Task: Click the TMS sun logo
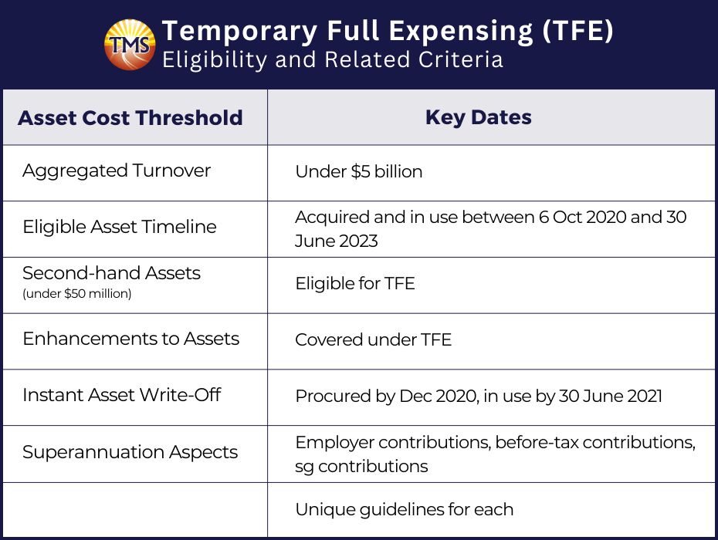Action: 130,45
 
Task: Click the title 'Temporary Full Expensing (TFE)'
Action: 388,31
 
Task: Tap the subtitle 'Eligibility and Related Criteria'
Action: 333,60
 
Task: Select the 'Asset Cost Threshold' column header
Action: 130,117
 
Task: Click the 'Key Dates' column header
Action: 479,117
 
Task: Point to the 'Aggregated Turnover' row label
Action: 117,170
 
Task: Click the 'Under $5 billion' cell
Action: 359,171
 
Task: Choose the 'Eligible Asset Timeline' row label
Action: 120,227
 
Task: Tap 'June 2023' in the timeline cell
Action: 337,241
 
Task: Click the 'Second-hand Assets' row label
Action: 112,273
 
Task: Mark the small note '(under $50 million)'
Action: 77,293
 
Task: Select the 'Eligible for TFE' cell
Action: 355,283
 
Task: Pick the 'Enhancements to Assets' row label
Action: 131,339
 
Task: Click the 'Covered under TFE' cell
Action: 374,339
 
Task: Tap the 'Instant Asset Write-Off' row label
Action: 122,394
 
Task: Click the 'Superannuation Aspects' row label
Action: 130,452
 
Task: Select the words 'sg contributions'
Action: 362,466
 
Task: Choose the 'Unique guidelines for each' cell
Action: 405,509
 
